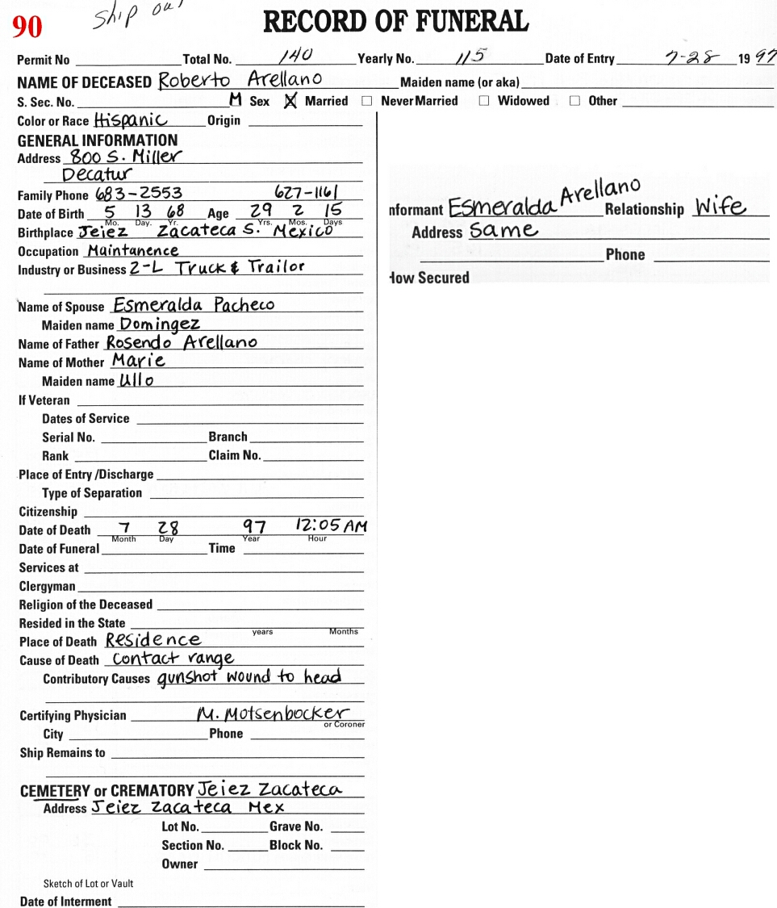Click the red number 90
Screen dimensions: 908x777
tap(27, 27)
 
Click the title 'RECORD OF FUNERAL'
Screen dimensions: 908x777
tap(396, 22)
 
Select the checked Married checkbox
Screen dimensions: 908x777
tap(291, 101)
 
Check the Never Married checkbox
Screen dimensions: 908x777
tap(367, 102)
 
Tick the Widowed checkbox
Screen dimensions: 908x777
tap(484, 102)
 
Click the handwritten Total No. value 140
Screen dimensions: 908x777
tap(295, 56)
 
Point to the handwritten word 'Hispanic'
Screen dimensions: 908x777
tap(131, 120)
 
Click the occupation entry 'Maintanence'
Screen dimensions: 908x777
tap(133, 250)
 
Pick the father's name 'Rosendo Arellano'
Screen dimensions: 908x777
tap(182, 343)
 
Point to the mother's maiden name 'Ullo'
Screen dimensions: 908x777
tap(136, 380)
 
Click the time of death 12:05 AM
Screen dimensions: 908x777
tap(331, 526)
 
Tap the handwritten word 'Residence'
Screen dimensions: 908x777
tap(152, 640)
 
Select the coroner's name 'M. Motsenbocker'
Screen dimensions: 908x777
tap(274, 713)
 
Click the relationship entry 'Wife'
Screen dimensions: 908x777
tap(721, 207)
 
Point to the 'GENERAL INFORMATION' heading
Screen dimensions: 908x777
tap(98, 140)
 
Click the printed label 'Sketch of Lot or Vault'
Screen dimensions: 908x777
tap(89, 884)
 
